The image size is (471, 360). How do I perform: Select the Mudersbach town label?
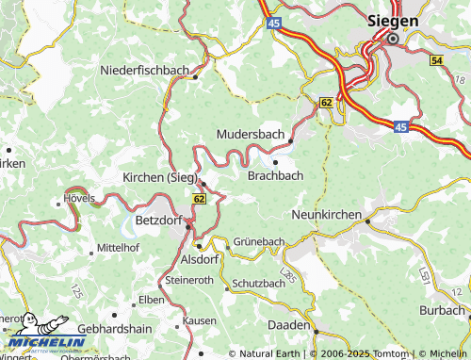[x=250, y=135]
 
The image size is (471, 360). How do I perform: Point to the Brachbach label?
[x=275, y=175]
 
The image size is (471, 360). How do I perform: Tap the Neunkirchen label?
[x=328, y=215]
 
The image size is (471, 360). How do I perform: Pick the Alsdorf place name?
[x=199, y=258]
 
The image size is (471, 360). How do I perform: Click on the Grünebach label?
[x=259, y=241]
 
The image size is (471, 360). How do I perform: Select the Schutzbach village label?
[x=258, y=283]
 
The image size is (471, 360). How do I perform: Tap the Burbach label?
[x=442, y=309]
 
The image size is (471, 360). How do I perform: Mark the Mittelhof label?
[x=118, y=250]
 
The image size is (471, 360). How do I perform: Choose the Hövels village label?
[x=80, y=199]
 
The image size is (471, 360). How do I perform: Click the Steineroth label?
[x=189, y=280]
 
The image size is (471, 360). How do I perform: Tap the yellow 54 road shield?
[x=435, y=60]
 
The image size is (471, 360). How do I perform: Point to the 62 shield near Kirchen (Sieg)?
[x=198, y=199]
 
